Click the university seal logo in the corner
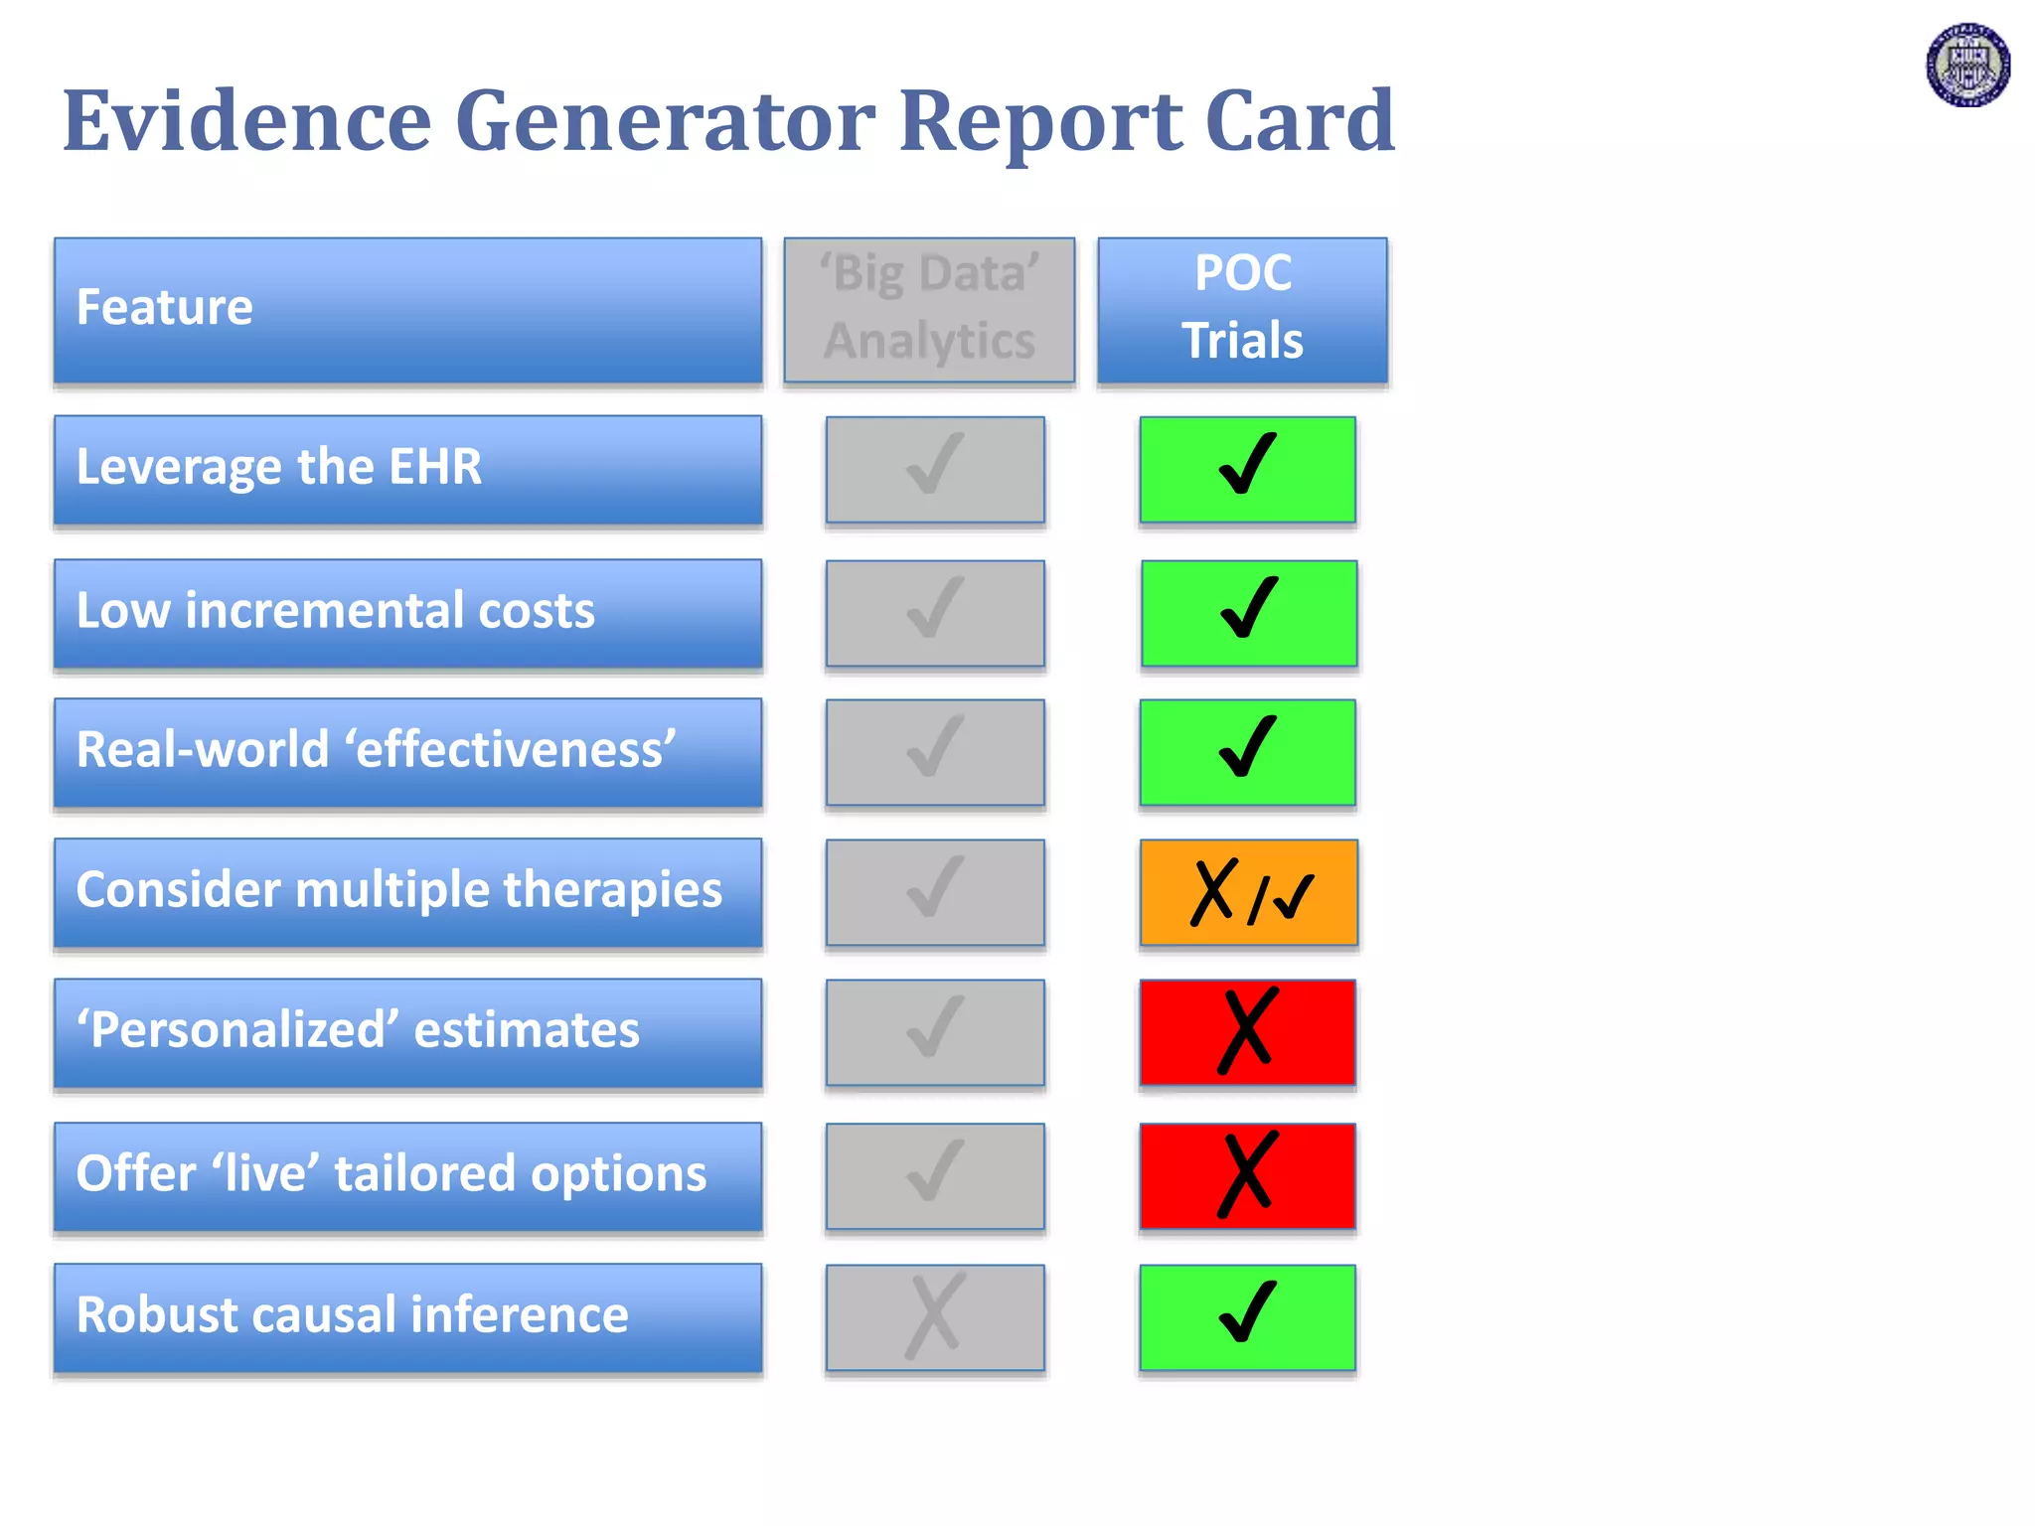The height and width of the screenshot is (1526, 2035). tap(1967, 66)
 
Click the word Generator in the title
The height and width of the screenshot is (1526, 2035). tap(665, 121)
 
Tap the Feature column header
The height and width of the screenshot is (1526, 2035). tap(407, 309)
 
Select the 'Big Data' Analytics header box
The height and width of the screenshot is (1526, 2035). tap(929, 309)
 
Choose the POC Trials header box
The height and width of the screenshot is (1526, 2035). tap(1242, 309)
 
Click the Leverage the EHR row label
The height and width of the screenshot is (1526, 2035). tap(407, 469)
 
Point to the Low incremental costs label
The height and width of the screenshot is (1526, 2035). tap(407, 612)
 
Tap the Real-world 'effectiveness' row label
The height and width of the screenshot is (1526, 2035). tap(407, 751)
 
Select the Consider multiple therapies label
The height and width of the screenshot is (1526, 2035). tap(407, 891)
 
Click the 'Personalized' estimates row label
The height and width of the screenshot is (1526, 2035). tap(407, 1031)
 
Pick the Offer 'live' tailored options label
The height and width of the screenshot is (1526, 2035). tap(407, 1175)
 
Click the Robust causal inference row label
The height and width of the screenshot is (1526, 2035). tap(407, 1316)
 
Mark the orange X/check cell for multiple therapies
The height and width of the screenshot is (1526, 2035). tap(1248, 891)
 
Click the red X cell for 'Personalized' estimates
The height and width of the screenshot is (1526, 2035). tap(1247, 1031)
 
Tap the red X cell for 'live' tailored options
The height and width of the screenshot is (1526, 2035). tap(1247, 1175)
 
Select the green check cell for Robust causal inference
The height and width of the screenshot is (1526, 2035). tap(1247, 1316)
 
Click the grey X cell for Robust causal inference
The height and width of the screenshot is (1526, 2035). tap(935, 1316)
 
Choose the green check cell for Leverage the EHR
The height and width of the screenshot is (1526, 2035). tap(1247, 469)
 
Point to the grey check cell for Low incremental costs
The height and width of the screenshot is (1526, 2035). tap(935, 612)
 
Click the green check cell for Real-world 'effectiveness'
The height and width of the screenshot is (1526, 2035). tap(1247, 751)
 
